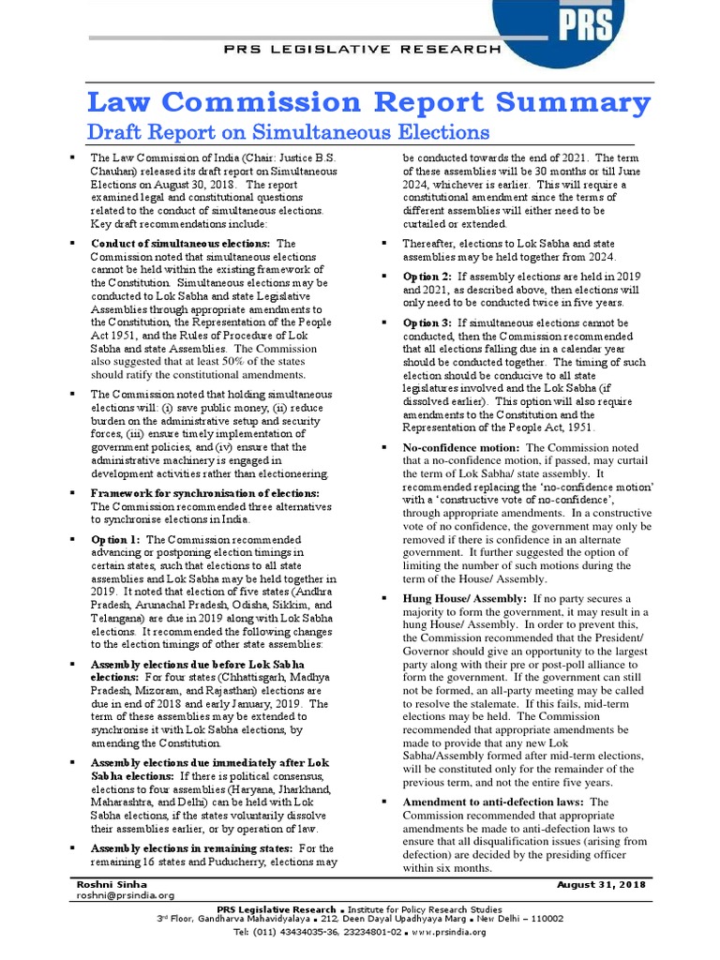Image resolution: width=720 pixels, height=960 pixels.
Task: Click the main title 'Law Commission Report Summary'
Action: click(x=367, y=101)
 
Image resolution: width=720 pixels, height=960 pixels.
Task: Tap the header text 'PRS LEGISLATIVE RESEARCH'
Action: click(x=361, y=49)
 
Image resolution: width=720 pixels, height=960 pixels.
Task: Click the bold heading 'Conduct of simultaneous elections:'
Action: click(x=180, y=244)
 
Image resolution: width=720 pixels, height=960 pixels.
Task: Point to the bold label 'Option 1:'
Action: click(x=116, y=540)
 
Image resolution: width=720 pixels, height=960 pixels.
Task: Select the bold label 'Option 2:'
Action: click(x=427, y=277)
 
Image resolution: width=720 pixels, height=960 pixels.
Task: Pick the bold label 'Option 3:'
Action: click(x=427, y=323)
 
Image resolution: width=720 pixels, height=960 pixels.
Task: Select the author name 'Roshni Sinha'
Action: click(x=112, y=885)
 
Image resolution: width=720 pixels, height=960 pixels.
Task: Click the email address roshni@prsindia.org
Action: click(x=127, y=896)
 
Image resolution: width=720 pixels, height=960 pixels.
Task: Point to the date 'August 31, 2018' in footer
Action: click(x=600, y=885)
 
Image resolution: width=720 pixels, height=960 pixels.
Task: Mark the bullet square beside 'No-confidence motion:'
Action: click(x=384, y=448)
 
